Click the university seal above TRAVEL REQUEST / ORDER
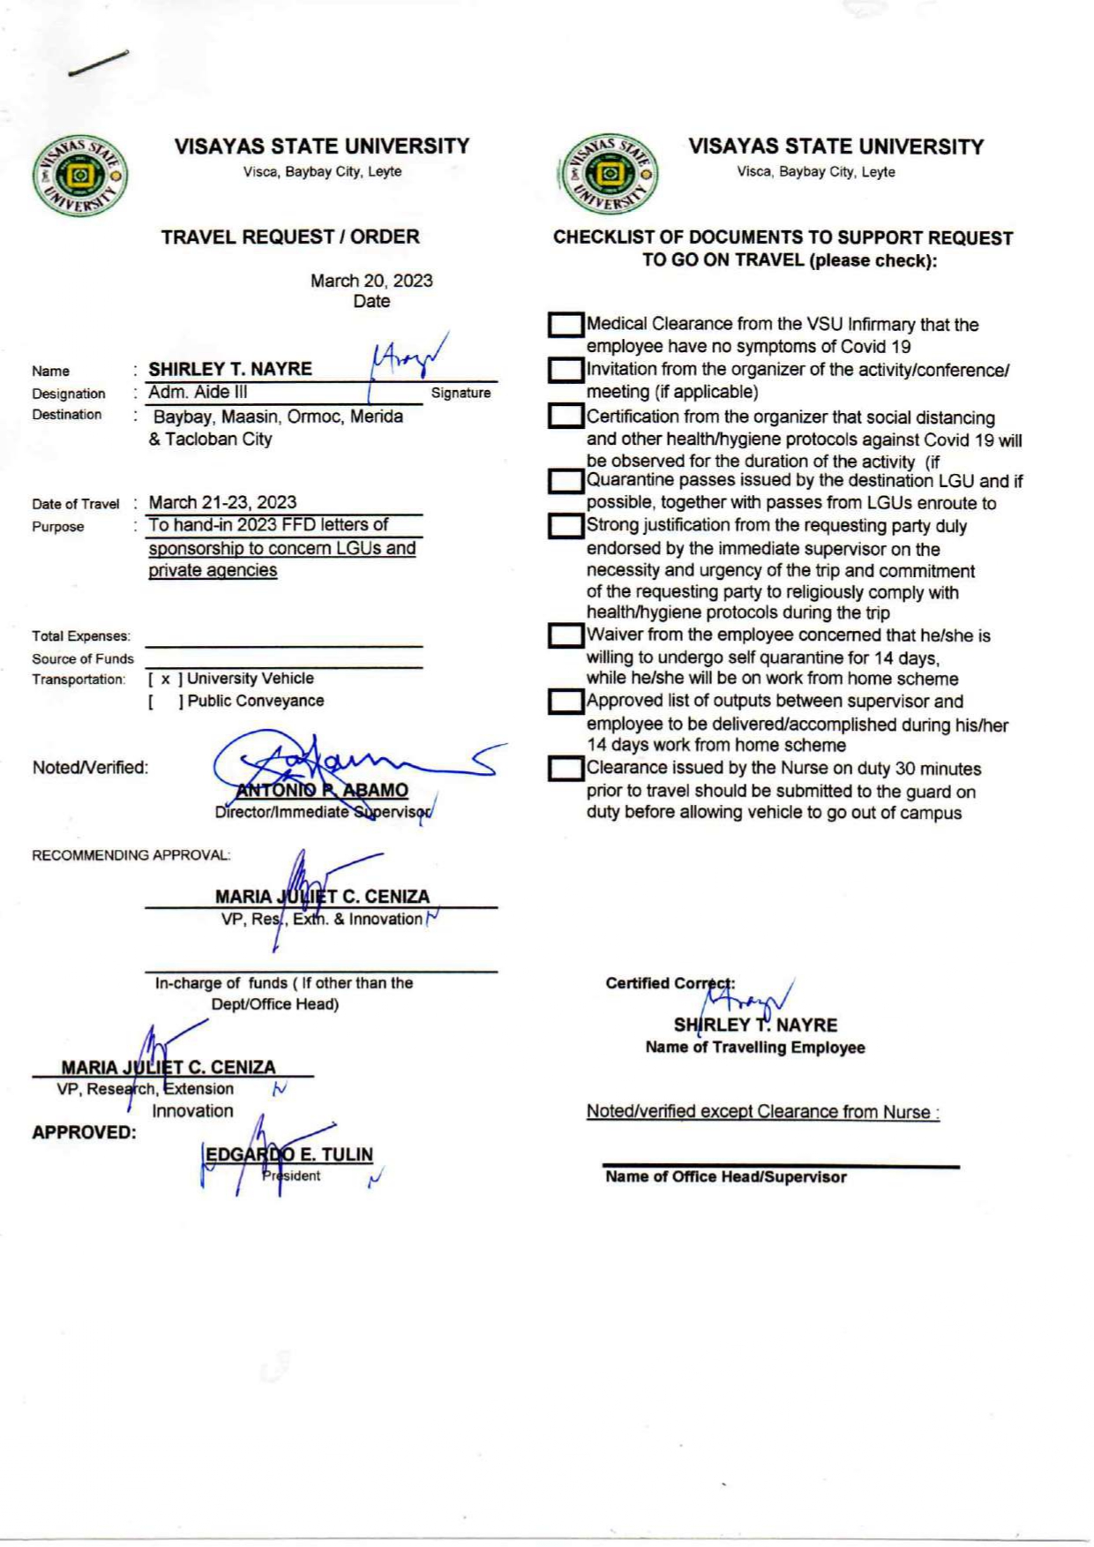[80, 176]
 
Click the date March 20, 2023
[371, 281]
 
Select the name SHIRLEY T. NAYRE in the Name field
[230, 369]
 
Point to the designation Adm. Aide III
[198, 393]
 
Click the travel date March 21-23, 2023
[222, 502]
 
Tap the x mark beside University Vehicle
[165, 680]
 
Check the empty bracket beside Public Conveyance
[165, 702]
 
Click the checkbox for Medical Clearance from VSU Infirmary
[565, 326]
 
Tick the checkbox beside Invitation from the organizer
[565, 371]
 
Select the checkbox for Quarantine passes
[565, 482]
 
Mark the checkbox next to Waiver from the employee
[565, 636]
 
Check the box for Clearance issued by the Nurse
[565, 770]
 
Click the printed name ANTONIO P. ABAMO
[322, 790]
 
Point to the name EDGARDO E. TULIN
[289, 1154]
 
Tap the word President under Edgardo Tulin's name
[291, 1175]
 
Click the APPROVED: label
[84, 1132]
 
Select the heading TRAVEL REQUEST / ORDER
[290, 237]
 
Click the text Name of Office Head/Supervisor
[725, 1177]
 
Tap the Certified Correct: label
[670, 983]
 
